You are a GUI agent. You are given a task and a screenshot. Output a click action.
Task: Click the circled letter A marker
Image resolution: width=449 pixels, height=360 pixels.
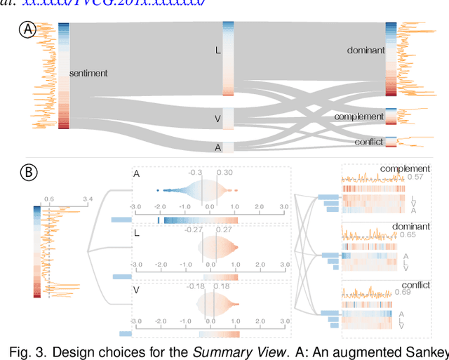[29, 31]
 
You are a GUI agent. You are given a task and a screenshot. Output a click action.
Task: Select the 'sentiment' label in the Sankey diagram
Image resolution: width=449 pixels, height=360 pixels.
[88, 73]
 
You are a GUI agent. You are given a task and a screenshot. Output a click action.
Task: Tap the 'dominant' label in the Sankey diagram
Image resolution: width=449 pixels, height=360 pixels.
[366, 51]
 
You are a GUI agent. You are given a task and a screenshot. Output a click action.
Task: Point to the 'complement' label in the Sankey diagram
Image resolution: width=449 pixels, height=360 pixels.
[359, 116]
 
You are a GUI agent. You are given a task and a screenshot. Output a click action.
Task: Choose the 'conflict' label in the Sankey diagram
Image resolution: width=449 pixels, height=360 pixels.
[369, 142]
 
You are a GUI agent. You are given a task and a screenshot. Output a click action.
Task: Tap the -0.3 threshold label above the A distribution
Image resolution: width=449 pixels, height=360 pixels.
[196, 173]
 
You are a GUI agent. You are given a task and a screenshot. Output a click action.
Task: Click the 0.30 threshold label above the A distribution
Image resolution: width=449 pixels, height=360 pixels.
[224, 173]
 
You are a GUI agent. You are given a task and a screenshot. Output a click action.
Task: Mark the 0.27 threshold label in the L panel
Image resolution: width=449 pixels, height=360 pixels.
[223, 229]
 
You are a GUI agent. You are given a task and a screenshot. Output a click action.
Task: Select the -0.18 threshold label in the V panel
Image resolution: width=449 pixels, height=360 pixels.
[196, 286]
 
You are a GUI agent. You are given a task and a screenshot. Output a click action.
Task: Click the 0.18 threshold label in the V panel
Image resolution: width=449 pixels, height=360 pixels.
[222, 286]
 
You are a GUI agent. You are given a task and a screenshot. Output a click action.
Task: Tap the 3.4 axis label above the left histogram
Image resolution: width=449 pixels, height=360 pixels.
[87, 199]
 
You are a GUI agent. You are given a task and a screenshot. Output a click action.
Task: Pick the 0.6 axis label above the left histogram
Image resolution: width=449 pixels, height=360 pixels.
[48, 199]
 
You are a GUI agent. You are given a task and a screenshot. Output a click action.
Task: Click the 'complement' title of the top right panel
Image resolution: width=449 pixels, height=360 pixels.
[405, 168]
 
